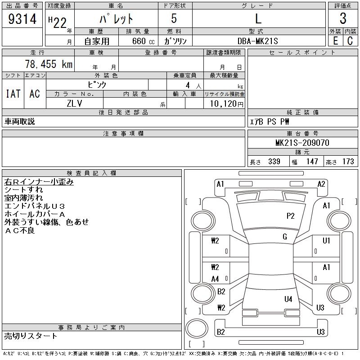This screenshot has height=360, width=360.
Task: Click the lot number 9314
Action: click(x=22, y=19)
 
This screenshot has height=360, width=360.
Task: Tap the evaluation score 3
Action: click(x=343, y=19)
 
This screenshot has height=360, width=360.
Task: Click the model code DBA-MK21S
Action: click(x=258, y=41)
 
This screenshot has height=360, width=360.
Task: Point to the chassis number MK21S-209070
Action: click(x=302, y=143)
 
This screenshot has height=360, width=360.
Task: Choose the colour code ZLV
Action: click(x=75, y=103)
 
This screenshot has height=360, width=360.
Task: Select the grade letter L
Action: click(x=258, y=19)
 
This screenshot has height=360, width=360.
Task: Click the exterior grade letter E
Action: click(x=335, y=41)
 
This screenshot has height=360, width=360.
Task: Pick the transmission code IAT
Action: click(x=13, y=94)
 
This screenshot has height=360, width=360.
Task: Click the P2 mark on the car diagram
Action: click(x=290, y=216)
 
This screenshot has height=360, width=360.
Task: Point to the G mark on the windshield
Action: click(x=285, y=237)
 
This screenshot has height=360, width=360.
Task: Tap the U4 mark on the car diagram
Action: click(x=288, y=299)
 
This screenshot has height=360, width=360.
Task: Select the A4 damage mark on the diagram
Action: click(x=215, y=279)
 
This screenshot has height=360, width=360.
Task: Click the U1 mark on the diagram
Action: click(x=326, y=241)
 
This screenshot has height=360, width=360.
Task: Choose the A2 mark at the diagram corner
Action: click(x=321, y=184)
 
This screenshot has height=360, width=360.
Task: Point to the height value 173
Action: click(x=348, y=162)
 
